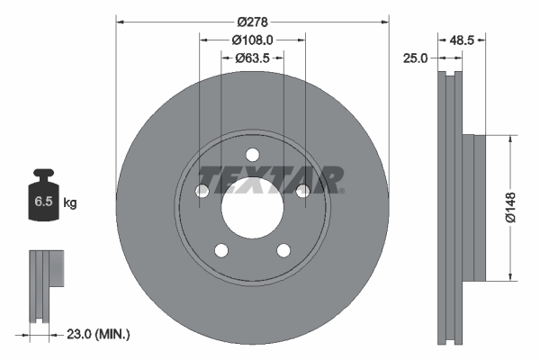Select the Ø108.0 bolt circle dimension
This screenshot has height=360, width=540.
[x=252, y=40]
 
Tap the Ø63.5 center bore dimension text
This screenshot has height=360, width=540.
[x=252, y=59]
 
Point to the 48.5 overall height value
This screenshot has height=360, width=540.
[x=462, y=40]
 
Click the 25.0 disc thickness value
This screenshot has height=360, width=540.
[x=416, y=58]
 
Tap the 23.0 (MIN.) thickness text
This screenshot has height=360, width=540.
[x=99, y=334]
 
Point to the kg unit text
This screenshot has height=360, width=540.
[x=70, y=203]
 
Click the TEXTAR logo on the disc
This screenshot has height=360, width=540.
[x=270, y=179]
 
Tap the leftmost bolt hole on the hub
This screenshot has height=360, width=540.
[x=202, y=190]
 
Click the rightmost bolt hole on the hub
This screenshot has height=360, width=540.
[x=302, y=190]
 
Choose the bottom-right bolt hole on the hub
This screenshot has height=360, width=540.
[x=283, y=249]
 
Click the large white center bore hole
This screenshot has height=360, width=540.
[x=252, y=207]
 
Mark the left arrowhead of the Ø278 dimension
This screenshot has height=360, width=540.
[x=121, y=19]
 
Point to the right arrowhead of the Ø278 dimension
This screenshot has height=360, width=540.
[x=384, y=19]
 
